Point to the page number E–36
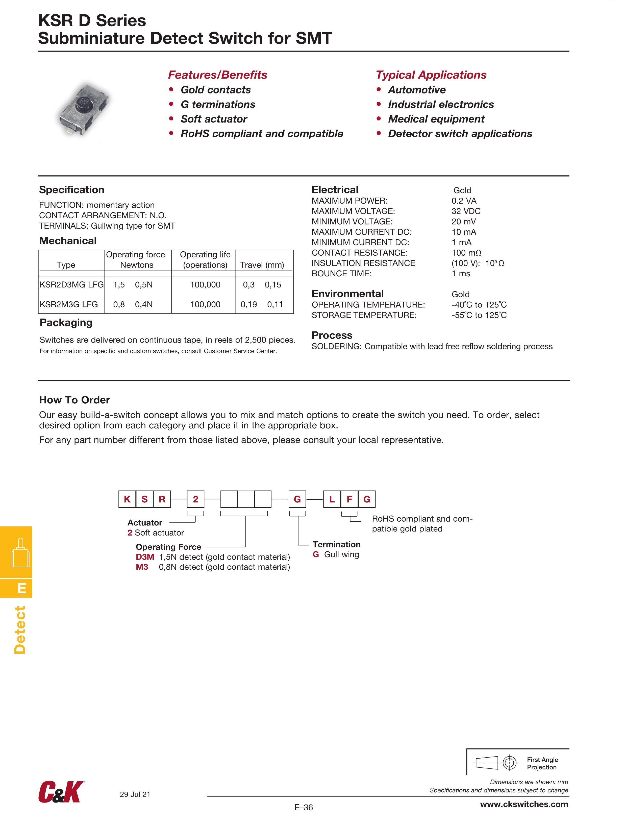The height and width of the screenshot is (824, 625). [304, 807]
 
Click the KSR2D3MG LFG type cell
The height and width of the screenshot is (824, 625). [71, 285]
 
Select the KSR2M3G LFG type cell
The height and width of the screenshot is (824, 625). [69, 304]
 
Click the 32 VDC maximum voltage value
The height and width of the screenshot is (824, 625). [466, 211]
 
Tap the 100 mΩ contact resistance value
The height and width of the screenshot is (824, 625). [466, 253]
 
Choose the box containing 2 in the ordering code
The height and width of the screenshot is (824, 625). [195, 499]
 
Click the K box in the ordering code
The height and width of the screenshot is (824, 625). [127, 499]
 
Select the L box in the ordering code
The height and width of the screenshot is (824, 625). [332, 499]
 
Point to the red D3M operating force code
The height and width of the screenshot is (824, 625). [145, 557]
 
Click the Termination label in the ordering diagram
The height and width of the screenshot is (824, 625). [336, 544]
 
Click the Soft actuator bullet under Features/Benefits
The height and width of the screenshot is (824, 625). [214, 119]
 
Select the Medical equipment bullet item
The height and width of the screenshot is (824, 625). [436, 119]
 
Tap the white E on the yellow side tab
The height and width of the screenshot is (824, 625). [22, 588]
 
